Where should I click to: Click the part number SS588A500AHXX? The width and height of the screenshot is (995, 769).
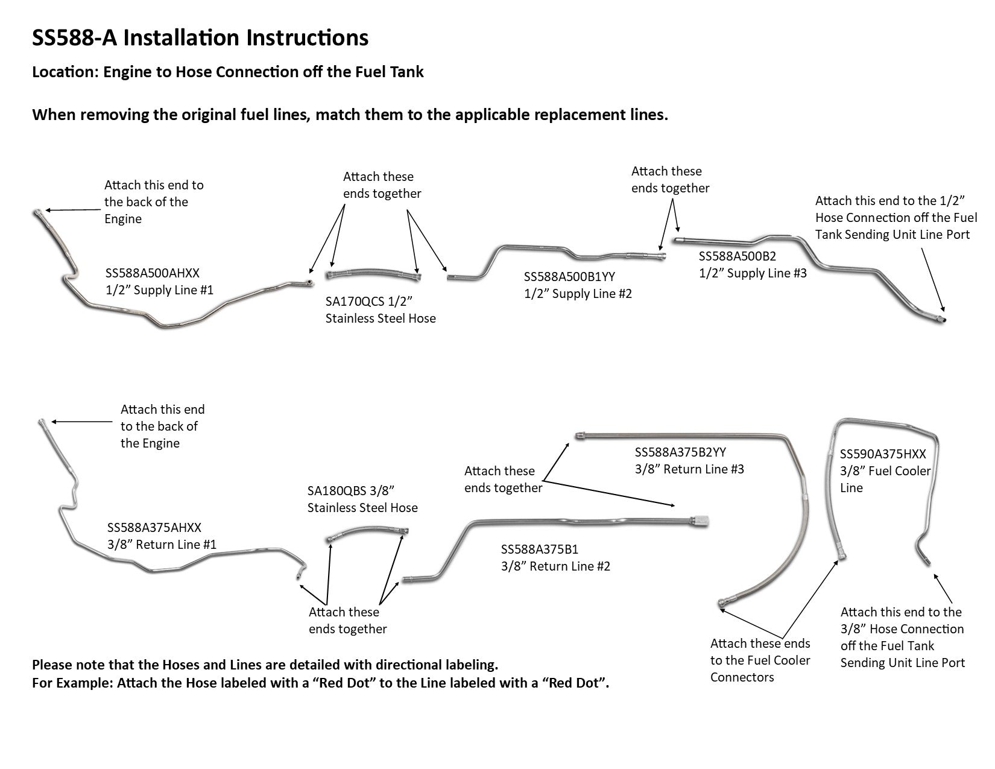152,273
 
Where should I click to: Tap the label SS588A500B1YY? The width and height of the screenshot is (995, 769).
569,276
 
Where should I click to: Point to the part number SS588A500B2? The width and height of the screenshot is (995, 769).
738,256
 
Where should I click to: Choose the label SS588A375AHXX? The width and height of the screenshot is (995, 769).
154,527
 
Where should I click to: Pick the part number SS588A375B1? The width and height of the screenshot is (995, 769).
540,549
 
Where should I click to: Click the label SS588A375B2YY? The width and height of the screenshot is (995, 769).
680,452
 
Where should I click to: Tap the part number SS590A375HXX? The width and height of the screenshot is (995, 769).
883,454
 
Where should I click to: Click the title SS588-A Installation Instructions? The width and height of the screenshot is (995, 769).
200,37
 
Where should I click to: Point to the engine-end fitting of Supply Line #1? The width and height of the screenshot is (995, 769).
37,212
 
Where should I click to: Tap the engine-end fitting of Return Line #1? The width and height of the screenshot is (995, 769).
42,421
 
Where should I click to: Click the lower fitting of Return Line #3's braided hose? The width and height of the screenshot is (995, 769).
722,602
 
